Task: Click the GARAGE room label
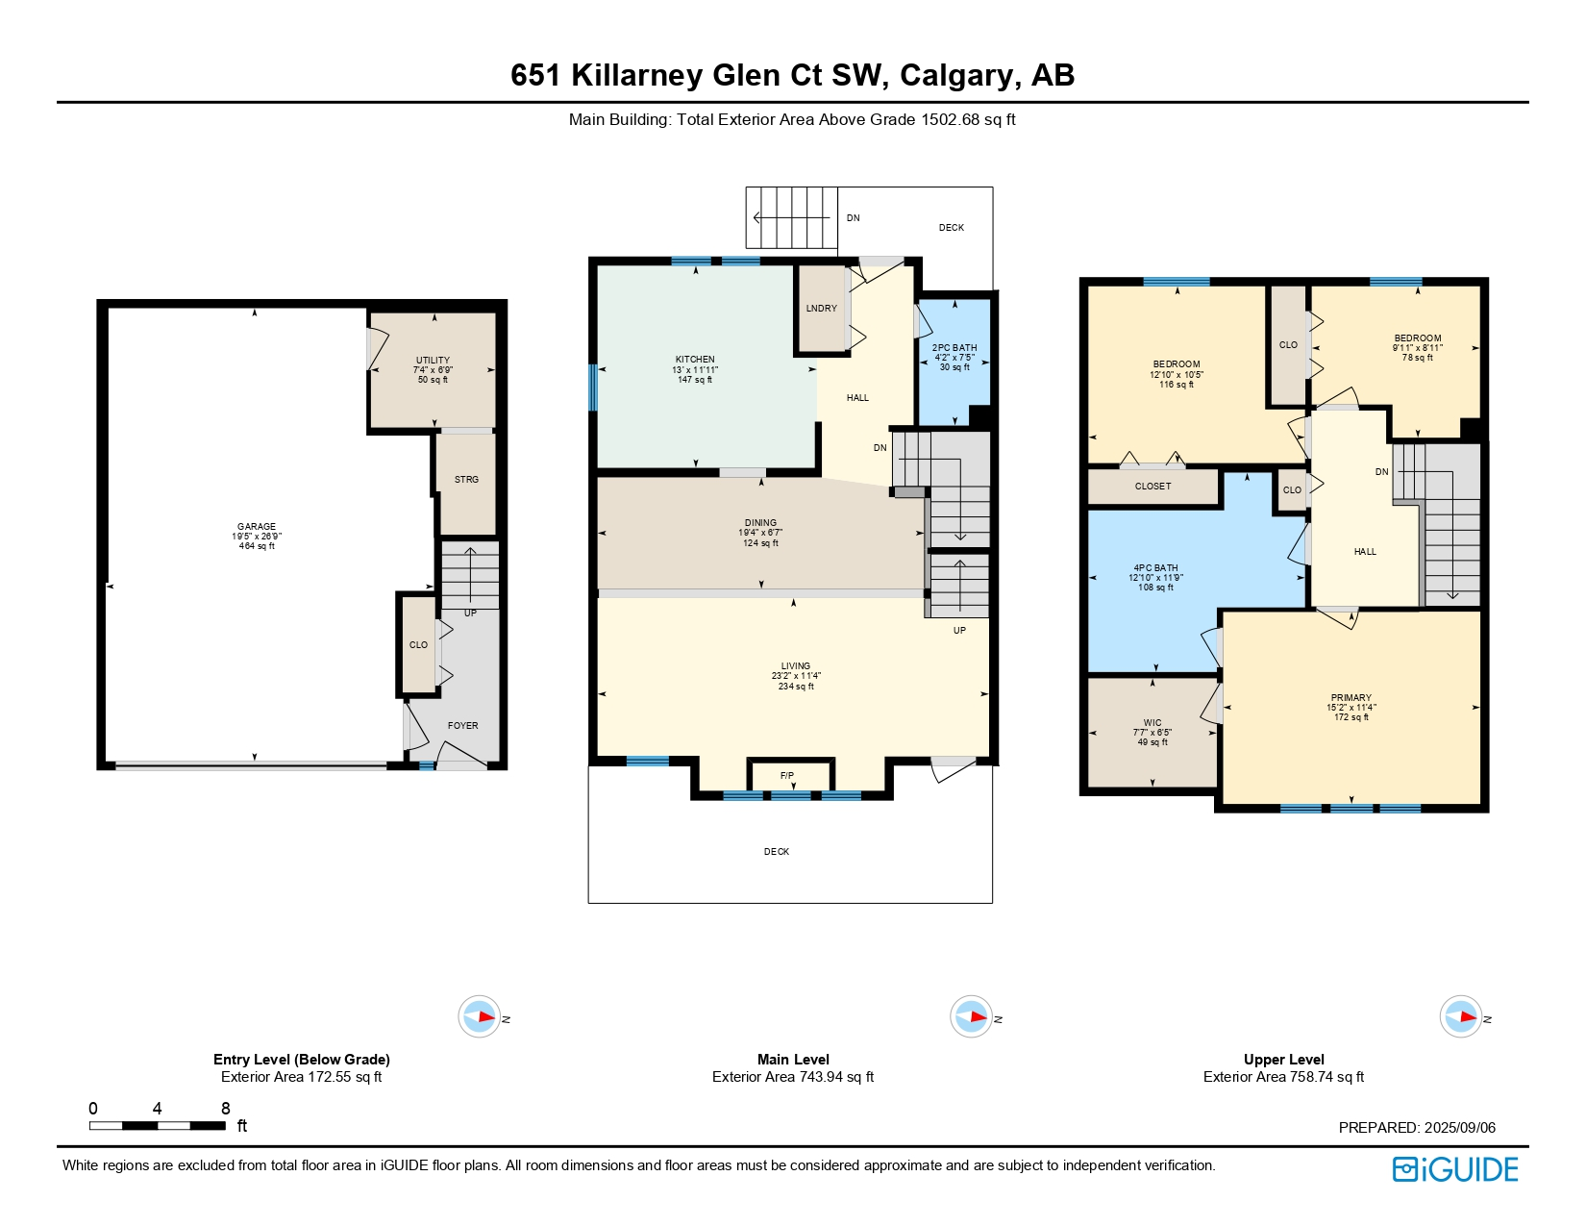point(257,527)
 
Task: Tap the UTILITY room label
point(433,361)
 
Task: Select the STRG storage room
point(466,480)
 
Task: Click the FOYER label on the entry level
point(462,726)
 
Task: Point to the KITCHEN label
point(695,360)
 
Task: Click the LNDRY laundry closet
point(821,309)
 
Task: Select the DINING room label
point(760,523)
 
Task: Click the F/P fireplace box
point(787,776)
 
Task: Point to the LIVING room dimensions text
point(796,676)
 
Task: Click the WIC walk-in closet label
point(1152,723)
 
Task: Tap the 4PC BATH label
point(1155,568)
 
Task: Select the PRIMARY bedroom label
point(1351,698)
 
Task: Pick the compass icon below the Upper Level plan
point(1460,1016)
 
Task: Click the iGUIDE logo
point(1455,1169)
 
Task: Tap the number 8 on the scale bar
point(226,1109)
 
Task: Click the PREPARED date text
point(1417,1128)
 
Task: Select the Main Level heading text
point(793,1060)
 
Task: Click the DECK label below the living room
point(777,852)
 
